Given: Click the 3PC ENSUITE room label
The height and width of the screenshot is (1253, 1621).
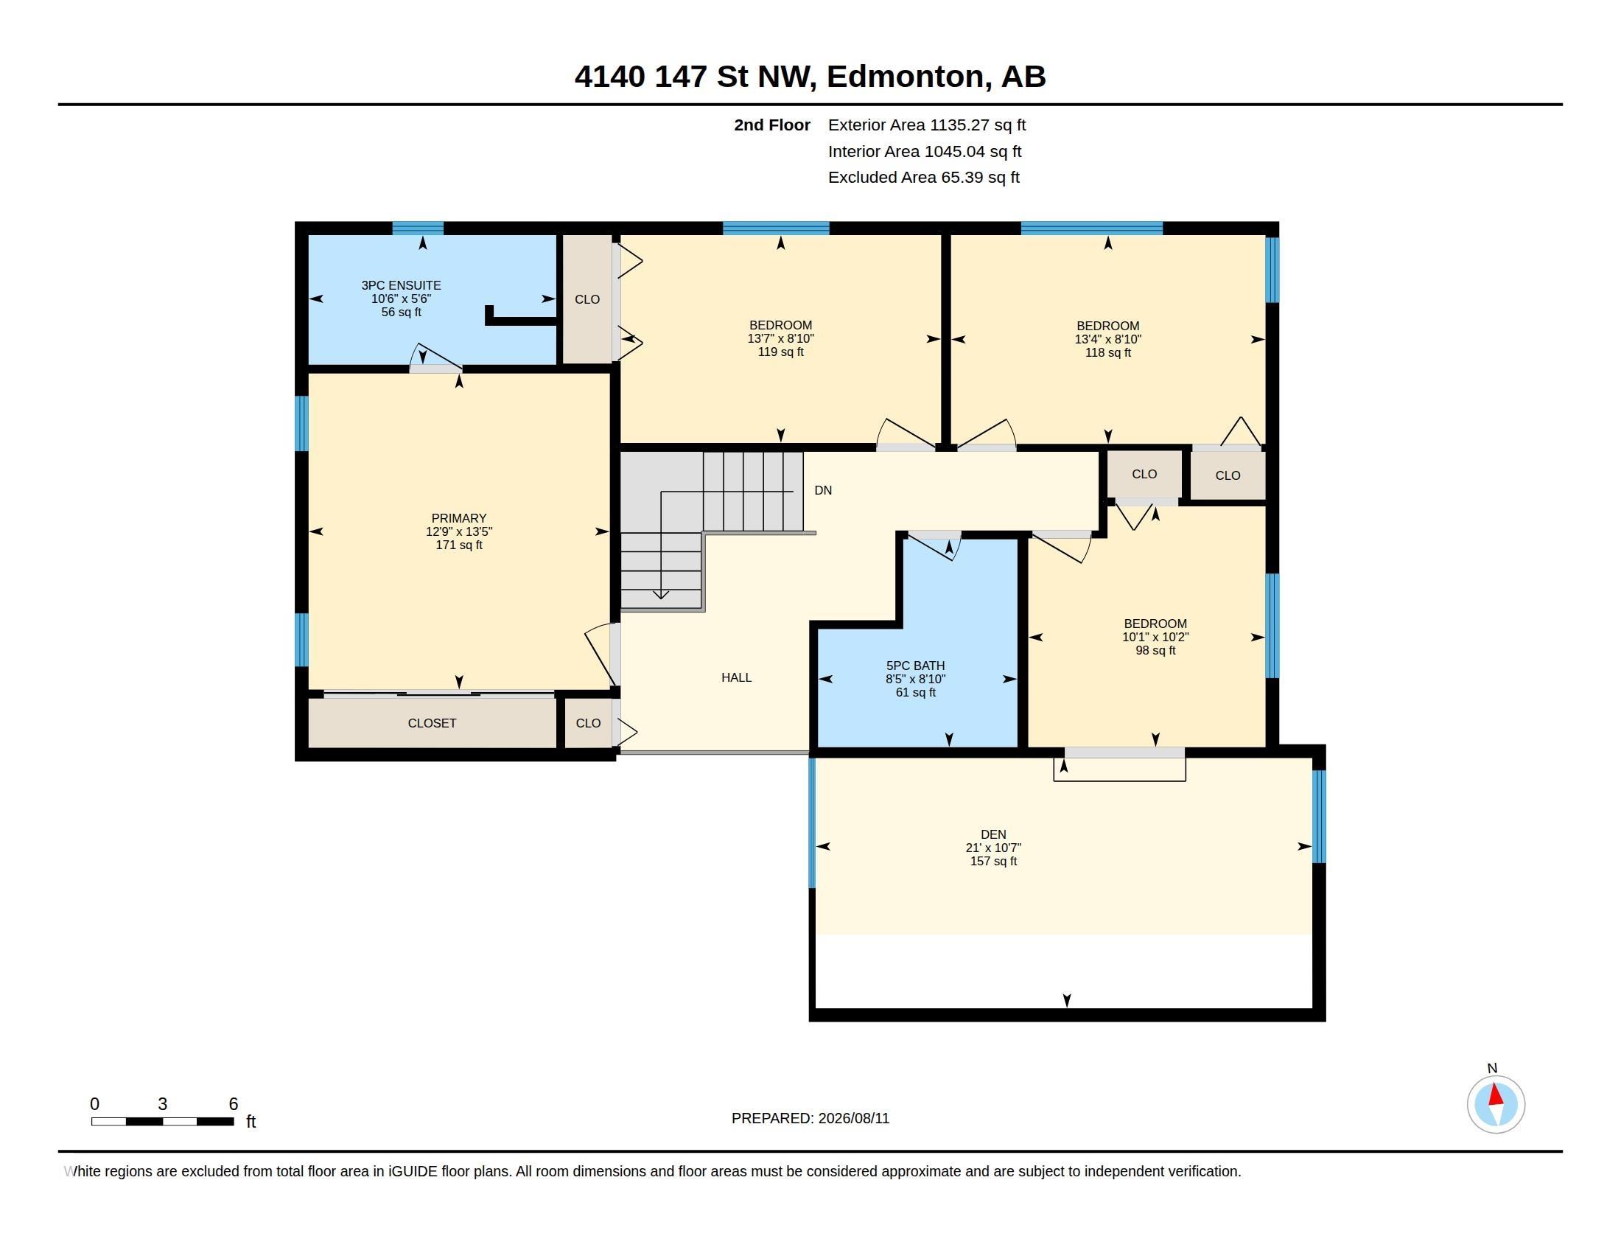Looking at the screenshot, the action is (x=401, y=285).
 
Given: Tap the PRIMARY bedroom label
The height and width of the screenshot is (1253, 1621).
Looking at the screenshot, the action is (x=459, y=518).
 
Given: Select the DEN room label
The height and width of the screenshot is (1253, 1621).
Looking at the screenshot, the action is (x=993, y=834).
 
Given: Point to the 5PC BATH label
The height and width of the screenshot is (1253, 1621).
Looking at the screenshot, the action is (x=915, y=666).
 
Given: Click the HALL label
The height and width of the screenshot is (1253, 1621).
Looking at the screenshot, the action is (x=736, y=677).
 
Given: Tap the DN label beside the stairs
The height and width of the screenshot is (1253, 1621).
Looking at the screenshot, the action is (x=823, y=490).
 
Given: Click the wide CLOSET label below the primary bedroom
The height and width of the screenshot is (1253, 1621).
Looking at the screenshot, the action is (x=432, y=723).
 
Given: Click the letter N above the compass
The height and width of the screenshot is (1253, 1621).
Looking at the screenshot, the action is (x=1493, y=1068).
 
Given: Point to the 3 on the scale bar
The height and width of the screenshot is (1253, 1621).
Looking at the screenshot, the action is (x=163, y=1104).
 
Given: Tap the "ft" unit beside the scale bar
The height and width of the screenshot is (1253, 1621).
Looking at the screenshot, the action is (x=251, y=1121).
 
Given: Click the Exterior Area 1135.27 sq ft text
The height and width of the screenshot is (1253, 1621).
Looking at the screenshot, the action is (x=927, y=125).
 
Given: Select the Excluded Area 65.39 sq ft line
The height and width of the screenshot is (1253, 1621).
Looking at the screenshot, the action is (x=924, y=177).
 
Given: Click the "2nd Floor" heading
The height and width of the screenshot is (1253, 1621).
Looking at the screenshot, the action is (x=772, y=125).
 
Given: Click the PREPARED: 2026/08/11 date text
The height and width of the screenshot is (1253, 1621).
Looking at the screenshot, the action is (x=810, y=1118).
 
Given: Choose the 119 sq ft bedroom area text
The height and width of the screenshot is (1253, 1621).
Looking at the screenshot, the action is (x=780, y=352).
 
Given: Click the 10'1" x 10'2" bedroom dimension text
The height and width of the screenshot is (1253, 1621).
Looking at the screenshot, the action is (x=1155, y=637).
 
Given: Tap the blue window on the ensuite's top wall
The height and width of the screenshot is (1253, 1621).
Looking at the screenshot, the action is (x=418, y=228).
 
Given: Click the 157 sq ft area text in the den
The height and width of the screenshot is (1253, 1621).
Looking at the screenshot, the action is (x=993, y=861).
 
